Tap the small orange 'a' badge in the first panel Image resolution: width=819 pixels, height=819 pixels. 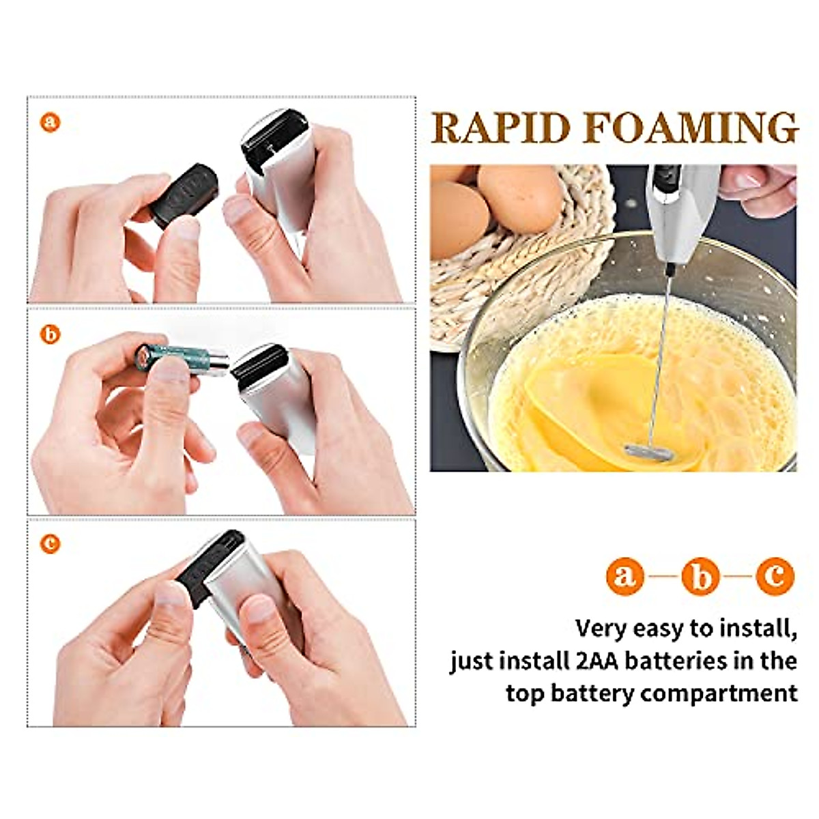click(51, 123)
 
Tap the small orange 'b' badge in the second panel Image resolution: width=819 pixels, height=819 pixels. click(51, 334)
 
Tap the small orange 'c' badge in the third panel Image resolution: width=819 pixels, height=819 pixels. click(51, 544)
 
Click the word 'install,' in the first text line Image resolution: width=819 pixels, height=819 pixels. click(751, 628)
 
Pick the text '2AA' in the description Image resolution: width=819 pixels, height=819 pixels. click(594, 661)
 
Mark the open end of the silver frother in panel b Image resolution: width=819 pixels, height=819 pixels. click(259, 362)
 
